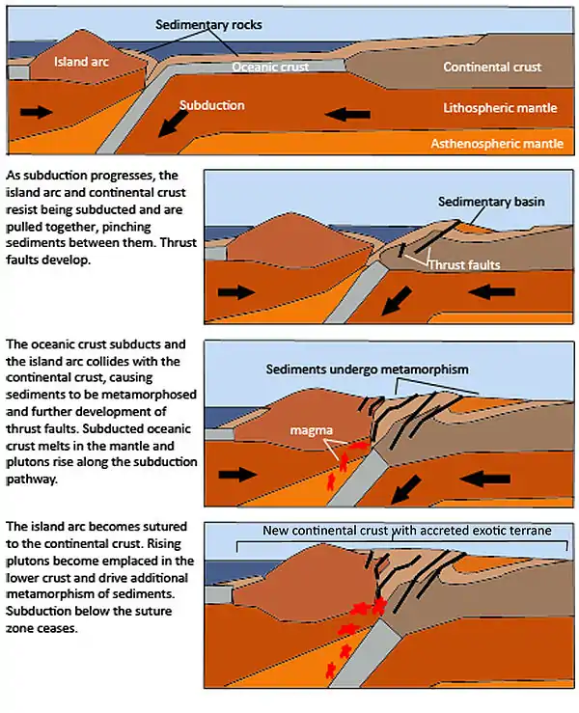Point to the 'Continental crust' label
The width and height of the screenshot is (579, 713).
[492, 68]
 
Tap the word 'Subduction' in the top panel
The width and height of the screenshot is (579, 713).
[212, 104]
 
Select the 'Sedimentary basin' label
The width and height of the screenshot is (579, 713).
[490, 203]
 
